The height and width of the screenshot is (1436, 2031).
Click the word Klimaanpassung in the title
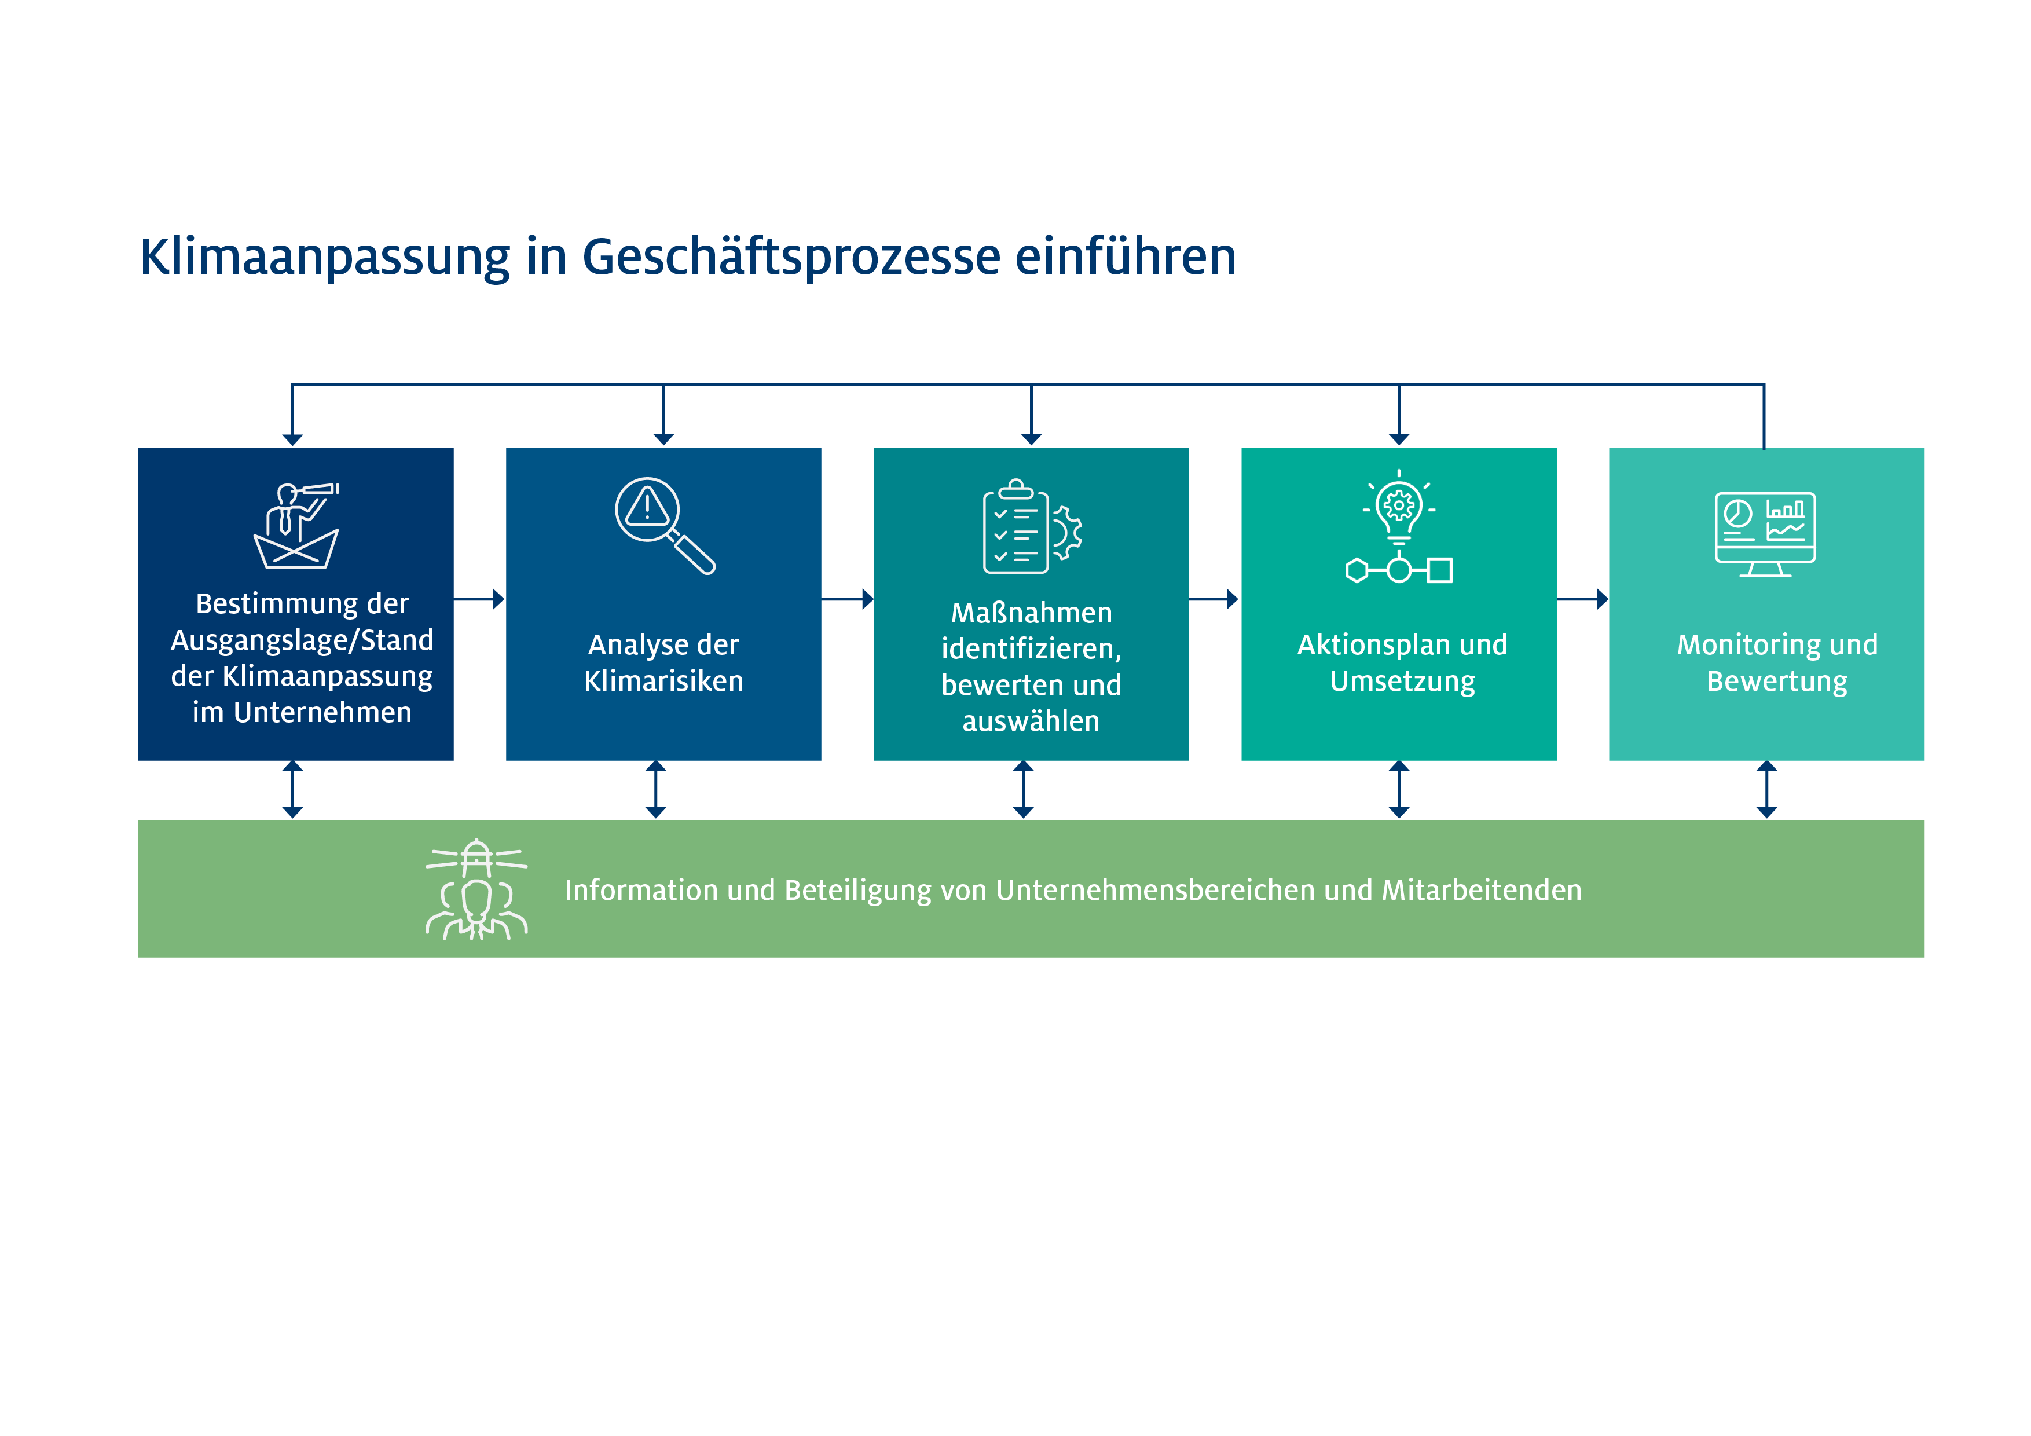click(325, 258)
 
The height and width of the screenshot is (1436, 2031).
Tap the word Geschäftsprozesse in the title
click(791, 258)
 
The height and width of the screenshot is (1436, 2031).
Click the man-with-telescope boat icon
click(296, 526)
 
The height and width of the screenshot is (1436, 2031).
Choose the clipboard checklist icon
click(1032, 527)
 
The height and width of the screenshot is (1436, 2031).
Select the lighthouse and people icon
click(477, 889)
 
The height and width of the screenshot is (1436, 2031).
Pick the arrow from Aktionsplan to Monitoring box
click(1582, 599)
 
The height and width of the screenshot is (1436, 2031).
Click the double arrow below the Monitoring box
click(1766, 789)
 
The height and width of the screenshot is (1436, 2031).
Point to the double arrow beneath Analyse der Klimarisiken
click(655, 789)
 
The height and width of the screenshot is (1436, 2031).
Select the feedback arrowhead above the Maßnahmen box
click(1032, 439)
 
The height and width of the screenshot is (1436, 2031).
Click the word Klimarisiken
click(663, 682)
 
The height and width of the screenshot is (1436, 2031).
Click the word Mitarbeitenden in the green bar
click(1482, 890)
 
